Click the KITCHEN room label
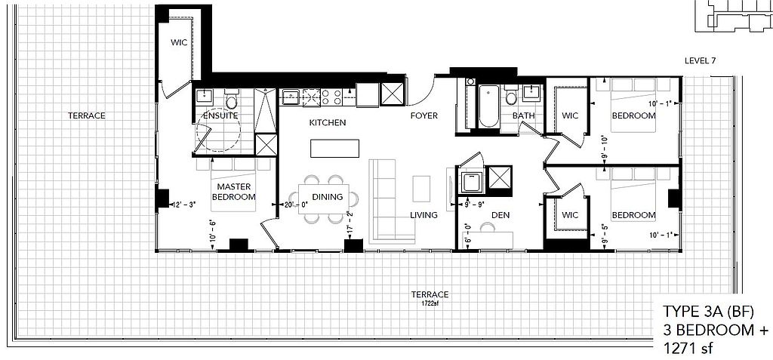[x=328, y=122]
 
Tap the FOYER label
[x=424, y=116]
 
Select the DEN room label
[x=500, y=215]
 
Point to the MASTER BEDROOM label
[x=234, y=192]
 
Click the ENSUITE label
[x=220, y=116]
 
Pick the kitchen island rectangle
[x=334, y=149]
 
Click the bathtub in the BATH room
[x=489, y=106]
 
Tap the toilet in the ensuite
[x=232, y=100]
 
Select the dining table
[x=324, y=198]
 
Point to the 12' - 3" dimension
[x=183, y=204]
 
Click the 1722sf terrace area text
[x=430, y=303]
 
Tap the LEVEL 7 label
[x=700, y=60]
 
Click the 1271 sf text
[x=687, y=349]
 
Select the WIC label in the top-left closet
[x=179, y=42]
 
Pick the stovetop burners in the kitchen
[x=332, y=97]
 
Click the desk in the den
[x=488, y=240]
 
